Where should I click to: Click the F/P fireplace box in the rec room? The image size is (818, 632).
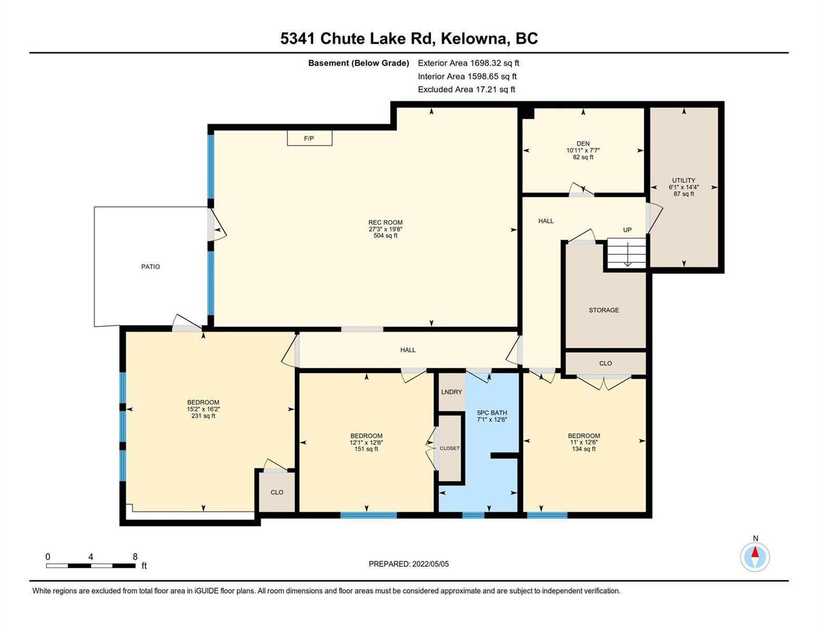(309, 138)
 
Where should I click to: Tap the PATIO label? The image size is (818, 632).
(150, 266)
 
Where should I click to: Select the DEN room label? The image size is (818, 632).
(583, 143)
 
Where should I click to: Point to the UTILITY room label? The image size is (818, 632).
(684, 180)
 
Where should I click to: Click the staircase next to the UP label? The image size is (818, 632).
(626, 253)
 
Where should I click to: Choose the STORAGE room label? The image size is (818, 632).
(604, 310)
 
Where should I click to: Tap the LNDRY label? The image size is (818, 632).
(451, 392)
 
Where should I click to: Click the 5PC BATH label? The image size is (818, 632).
(492, 412)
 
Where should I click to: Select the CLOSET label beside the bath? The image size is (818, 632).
(449, 448)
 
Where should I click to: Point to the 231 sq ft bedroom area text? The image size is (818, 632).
(203, 416)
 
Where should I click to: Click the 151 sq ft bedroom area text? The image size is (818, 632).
(366, 449)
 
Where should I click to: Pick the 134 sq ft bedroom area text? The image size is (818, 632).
(584, 449)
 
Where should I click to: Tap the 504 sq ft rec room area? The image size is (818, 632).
(386, 235)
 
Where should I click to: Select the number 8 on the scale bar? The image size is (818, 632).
(135, 556)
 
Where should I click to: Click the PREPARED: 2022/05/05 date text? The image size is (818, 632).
(408, 564)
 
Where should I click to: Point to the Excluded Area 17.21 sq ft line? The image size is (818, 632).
(466, 89)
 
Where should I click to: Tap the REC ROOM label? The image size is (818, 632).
(386, 222)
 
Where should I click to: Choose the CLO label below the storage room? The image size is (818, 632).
(605, 363)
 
